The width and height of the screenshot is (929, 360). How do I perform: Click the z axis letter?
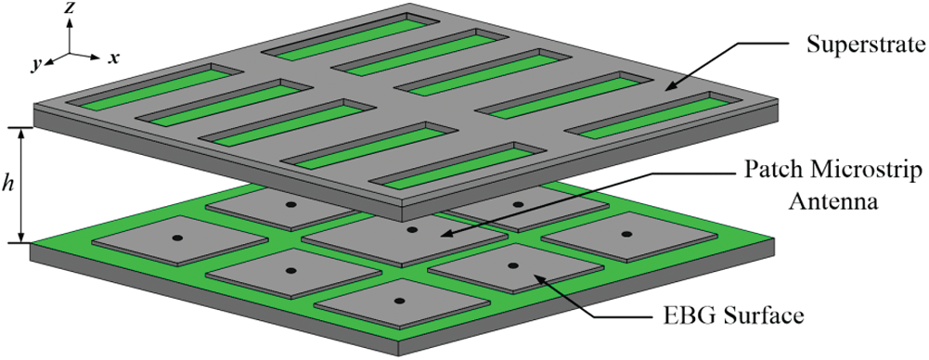coord(70,7)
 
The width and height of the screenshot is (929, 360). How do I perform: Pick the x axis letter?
coord(113,58)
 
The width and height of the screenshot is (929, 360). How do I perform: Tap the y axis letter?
coord(37,65)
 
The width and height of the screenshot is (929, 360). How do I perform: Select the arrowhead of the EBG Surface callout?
coord(538,275)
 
